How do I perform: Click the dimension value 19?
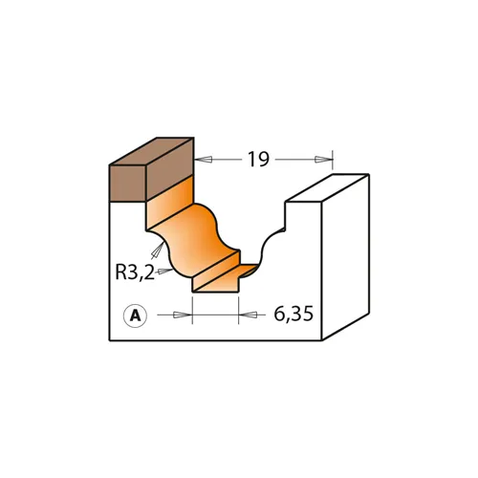(x=257, y=160)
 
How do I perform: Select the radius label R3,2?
(x=135, y=272)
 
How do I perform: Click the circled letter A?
(x=135, y=314)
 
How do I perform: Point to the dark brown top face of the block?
(x=153, y=152)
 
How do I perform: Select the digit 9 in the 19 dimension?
(x=263, y=160)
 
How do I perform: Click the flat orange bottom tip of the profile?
(x=215, y=284)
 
